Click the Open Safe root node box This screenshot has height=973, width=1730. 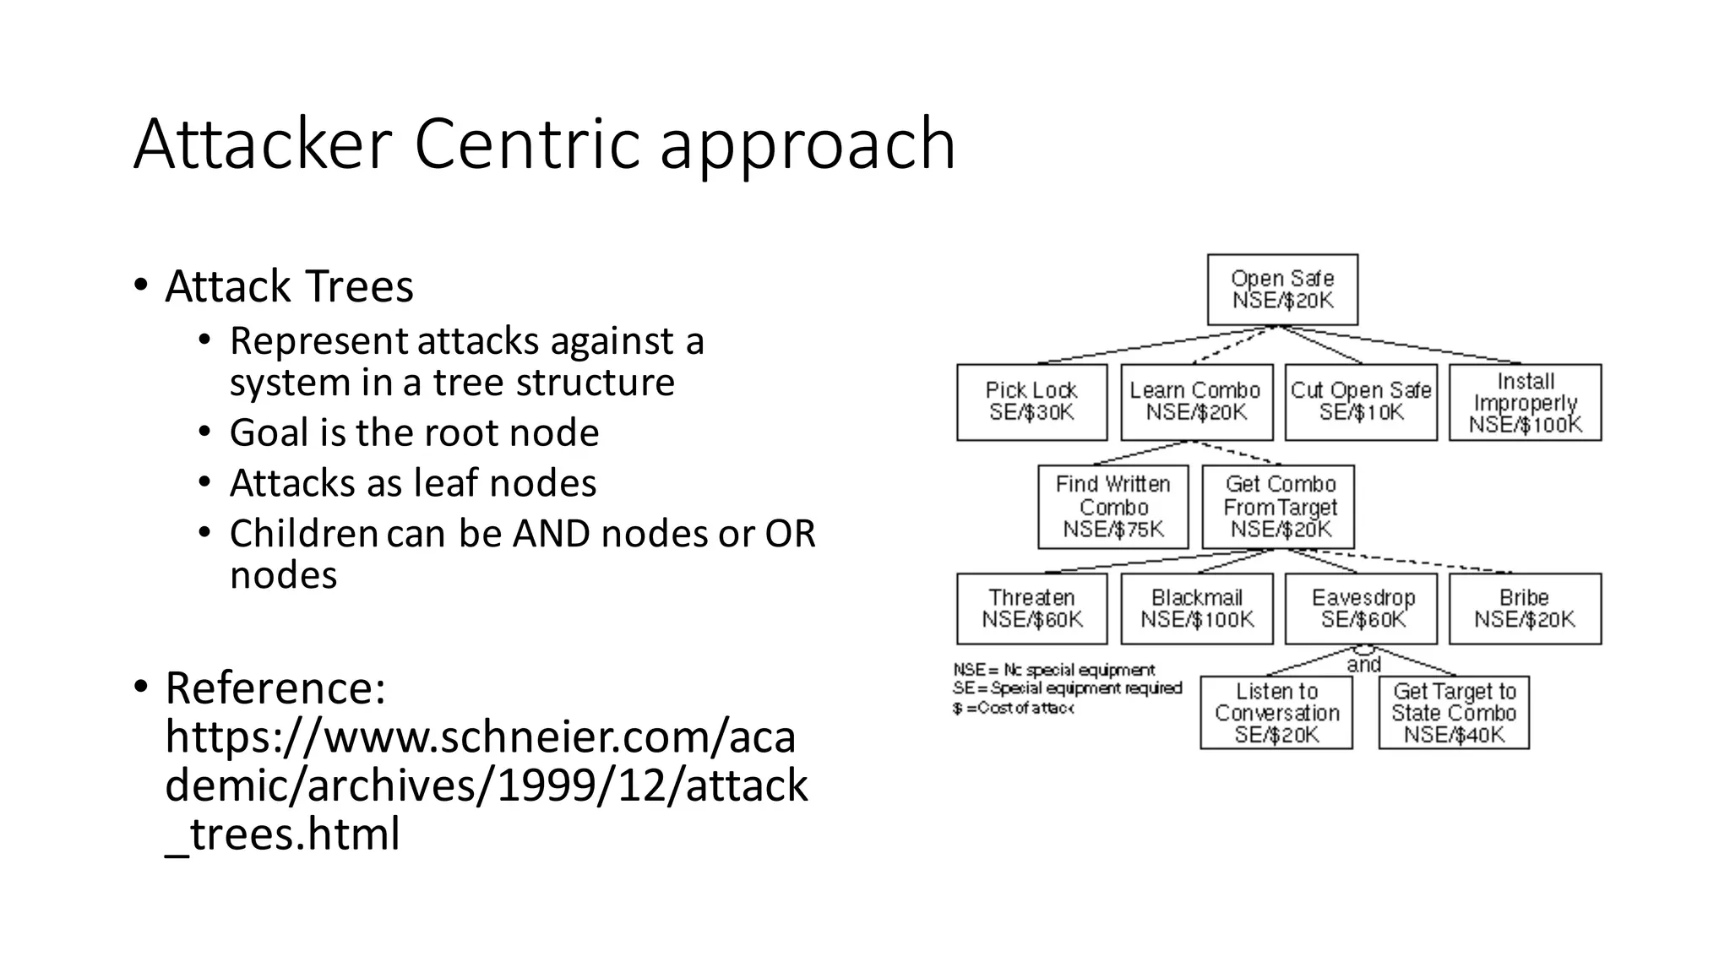coord(1282,290)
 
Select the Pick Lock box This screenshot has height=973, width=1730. coord(1031,402)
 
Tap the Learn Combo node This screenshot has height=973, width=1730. coord(1196,402)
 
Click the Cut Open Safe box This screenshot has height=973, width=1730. coord(1361,402)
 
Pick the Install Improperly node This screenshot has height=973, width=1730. coord(1525,402)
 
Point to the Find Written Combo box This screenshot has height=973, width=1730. coord(1113,507)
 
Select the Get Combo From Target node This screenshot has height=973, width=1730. coord(1278,507)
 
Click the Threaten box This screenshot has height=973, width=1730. coord(1031,609)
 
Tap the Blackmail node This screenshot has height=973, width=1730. coord(1196,609)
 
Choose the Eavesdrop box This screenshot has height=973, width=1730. coord(1361,609)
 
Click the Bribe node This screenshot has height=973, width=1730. coord(1525,609)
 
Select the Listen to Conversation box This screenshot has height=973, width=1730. coord(1276,713)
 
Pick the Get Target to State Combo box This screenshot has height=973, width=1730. coord(1454,713)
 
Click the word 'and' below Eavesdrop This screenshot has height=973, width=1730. coord(1363,665)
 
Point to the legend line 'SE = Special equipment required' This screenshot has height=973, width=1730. coord(1067,688)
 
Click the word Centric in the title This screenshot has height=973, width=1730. coord(526,144)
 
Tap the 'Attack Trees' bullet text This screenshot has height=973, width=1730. coord(289,285)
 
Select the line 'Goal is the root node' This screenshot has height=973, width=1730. coord(414,432)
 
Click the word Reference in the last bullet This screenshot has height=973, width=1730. coord(275,687)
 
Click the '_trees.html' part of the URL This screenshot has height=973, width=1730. coord(283,834)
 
